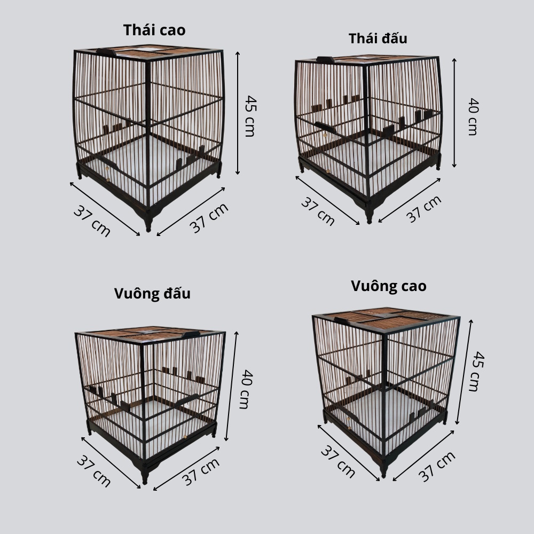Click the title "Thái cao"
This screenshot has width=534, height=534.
(154, 30)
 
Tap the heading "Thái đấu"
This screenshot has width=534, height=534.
(378, 38)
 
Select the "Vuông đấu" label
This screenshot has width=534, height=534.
(152, 294)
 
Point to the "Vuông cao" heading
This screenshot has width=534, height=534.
(388, 286)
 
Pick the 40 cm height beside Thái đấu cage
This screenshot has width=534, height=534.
(473, 116)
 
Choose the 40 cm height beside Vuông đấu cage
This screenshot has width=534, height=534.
(244, 389)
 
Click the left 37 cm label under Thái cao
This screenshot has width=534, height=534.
(92, 221)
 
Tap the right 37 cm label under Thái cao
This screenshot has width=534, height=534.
(209, 218)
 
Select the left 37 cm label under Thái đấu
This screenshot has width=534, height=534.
(318, 211)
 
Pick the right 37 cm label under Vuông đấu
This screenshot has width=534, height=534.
(201, 472)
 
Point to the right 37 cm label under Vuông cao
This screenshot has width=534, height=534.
(437, 466)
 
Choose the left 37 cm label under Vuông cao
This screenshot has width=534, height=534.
(337, 461)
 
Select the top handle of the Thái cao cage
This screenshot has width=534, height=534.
(106, 52)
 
